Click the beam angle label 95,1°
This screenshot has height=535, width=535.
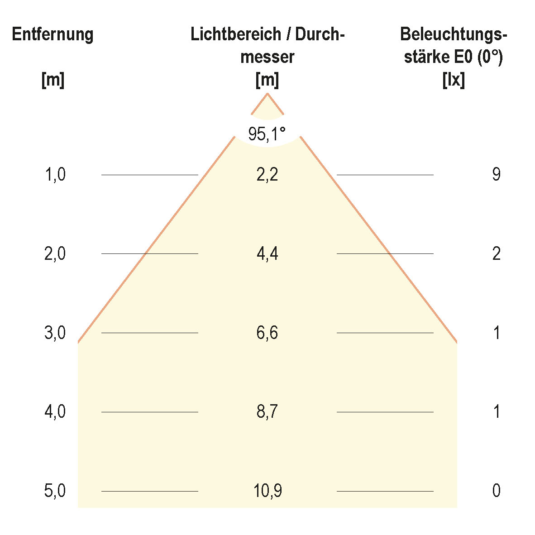coord(267,134)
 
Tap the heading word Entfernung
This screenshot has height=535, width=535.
coord(53,35)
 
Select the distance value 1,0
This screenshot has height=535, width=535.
coord(55,174)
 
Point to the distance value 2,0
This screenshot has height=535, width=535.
coord(55,254)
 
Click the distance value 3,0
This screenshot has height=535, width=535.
coord(55,333)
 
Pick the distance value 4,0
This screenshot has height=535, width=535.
coord(55,412)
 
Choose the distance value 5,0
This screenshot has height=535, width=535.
coord(55,491)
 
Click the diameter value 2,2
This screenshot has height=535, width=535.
coord(267,174)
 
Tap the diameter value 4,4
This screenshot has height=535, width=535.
coord(267,254)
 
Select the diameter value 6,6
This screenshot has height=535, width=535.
coord(267,333)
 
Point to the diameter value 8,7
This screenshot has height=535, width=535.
coord(267,412)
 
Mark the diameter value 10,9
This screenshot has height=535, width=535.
coord(267,491)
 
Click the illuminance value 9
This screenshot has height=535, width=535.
coord(497,174)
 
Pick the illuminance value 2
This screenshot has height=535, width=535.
coord(497,254)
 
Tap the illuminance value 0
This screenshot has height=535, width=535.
coord(497,491)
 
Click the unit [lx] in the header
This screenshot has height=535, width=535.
coord(454,81)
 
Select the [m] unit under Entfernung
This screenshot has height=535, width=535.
coord(53,81)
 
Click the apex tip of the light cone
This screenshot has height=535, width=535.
coord(267,94)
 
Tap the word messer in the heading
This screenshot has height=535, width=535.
coord(267,57)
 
